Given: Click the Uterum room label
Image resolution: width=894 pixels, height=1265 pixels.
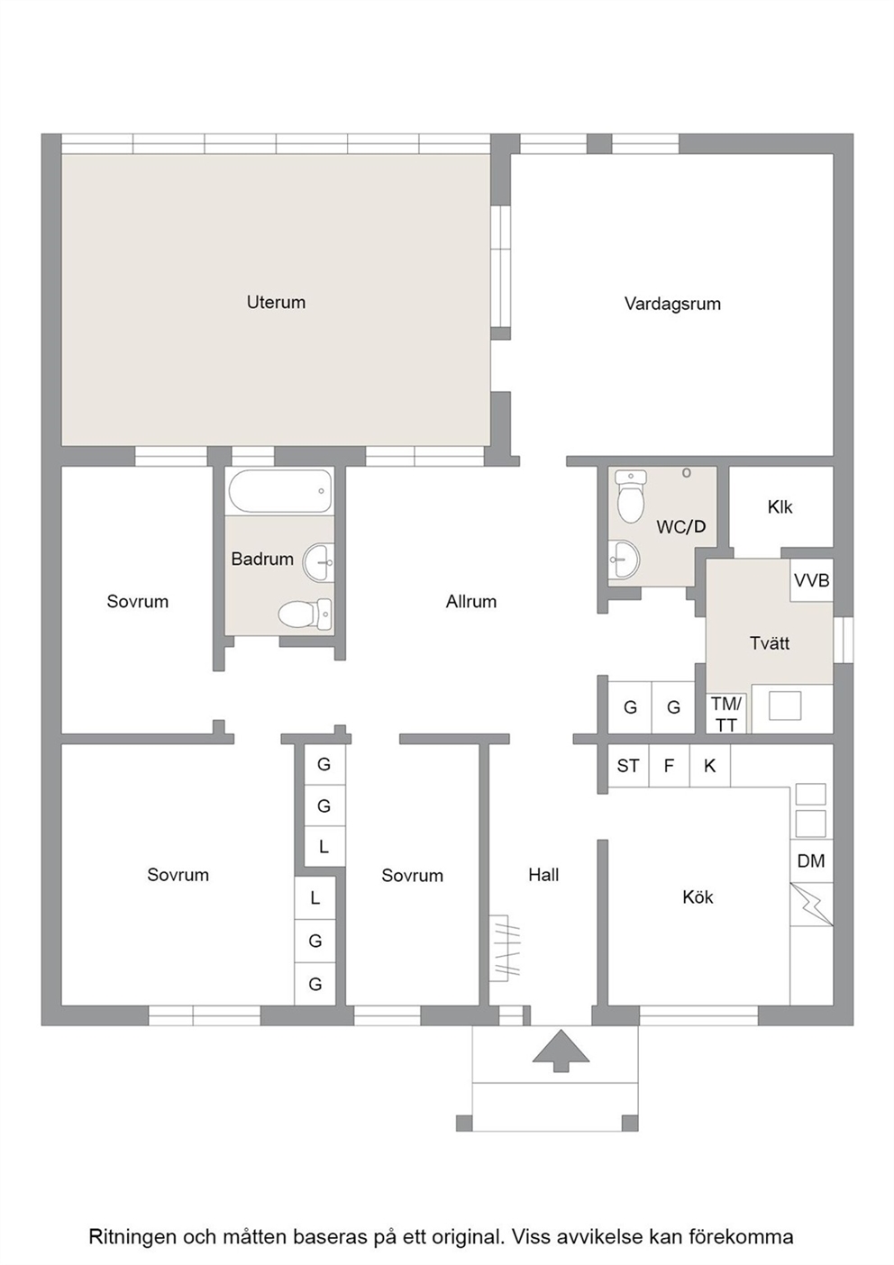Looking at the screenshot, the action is tap(276, 302).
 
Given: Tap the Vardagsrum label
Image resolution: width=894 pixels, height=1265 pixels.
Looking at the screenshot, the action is tap(672, 304).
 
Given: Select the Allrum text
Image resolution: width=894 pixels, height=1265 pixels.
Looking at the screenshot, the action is tap(471, 602).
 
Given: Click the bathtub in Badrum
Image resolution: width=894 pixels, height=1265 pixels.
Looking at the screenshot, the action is tap(279, 491).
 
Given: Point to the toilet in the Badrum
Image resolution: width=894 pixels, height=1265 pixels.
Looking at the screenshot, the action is tap(305, 614).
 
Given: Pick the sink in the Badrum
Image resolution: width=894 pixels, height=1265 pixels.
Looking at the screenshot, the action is tap(318, 562).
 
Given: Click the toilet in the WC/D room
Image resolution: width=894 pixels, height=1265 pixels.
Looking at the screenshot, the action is tap(631, 497).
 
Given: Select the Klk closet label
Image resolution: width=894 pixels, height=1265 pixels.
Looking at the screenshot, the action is tap(780, 507).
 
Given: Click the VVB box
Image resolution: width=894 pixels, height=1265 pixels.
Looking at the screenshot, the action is tap(812, 580).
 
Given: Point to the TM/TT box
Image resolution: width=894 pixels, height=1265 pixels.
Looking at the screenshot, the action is tap(726, 714).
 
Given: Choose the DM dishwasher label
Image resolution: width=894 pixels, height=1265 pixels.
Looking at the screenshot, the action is tap(812, 860).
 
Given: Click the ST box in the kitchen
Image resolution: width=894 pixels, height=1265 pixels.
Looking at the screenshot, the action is tap(628, 766).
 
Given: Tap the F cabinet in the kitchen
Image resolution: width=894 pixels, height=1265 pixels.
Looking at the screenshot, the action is tap(670, 766).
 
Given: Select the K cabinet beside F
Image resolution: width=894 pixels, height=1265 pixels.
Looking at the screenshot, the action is tap(710, 766).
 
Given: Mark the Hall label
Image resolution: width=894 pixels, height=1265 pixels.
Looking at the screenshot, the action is tap(543, 875).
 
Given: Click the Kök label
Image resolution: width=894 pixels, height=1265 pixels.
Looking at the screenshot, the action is tap(698, 896).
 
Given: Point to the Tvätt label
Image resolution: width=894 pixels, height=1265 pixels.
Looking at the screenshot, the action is tap(770, 643).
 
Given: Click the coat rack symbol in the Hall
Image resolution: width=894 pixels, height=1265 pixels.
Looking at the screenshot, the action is tap(504, 946).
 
